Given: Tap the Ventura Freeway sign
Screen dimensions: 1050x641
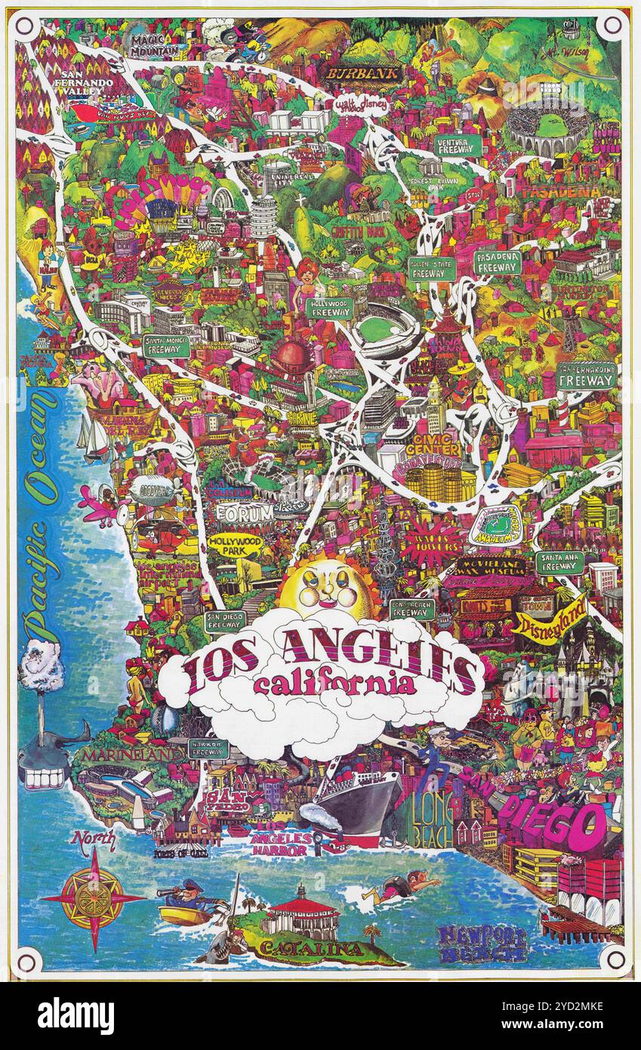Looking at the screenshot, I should click(x=458, y=146).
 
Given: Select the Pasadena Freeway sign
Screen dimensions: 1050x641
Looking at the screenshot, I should click(x=498, y=263).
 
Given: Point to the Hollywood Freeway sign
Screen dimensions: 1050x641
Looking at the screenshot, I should click(x=330, y=307).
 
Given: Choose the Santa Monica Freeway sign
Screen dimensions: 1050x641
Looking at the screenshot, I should click(x=166, y=346).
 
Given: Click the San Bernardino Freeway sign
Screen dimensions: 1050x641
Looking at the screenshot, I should click(x=587, y=376).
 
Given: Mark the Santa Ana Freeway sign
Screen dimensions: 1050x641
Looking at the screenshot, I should click(x=559, y=562).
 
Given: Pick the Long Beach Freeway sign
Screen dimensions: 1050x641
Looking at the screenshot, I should click(x=412, y=609).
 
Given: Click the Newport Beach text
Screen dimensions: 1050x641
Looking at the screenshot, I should click(x=482, y=943).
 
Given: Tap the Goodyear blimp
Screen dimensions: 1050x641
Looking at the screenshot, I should click(x=150, y=490).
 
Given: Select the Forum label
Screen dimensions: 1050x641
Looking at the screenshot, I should click(x=244, y=513).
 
